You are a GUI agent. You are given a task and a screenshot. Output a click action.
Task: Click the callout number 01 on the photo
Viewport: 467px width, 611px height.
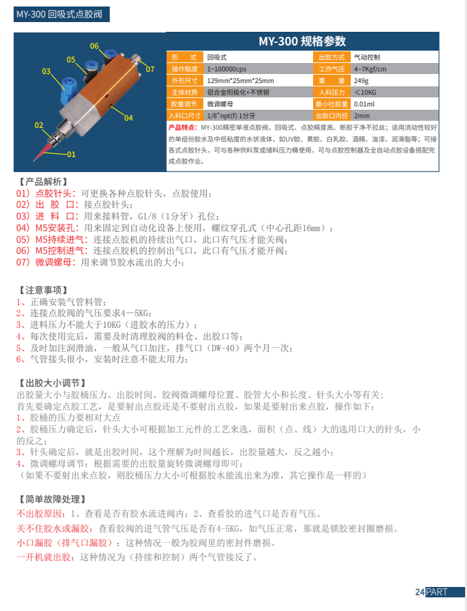pos(71,155)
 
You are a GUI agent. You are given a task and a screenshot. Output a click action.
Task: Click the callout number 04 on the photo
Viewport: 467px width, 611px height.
pos(128,118)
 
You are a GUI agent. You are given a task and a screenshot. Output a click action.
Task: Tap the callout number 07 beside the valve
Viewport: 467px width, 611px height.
pos(149,69)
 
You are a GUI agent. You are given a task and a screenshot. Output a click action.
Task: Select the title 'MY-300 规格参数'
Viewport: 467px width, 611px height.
pos(302,42)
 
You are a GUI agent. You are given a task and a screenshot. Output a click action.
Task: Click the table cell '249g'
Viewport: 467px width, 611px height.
pos(361,81)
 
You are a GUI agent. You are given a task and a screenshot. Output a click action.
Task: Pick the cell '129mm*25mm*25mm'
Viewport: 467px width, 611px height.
pos(240,81)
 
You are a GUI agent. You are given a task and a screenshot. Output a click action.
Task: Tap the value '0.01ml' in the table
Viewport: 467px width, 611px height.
pos(364,104)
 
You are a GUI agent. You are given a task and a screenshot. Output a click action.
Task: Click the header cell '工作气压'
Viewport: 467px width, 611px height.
pos(331,69)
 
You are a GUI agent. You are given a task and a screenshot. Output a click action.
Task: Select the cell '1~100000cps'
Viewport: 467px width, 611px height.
pos(227,69)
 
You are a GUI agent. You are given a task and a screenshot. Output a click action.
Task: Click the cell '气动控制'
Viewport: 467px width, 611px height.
pos(368,57)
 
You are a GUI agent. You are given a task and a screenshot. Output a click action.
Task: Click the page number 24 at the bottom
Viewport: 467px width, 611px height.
pos(420,592)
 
